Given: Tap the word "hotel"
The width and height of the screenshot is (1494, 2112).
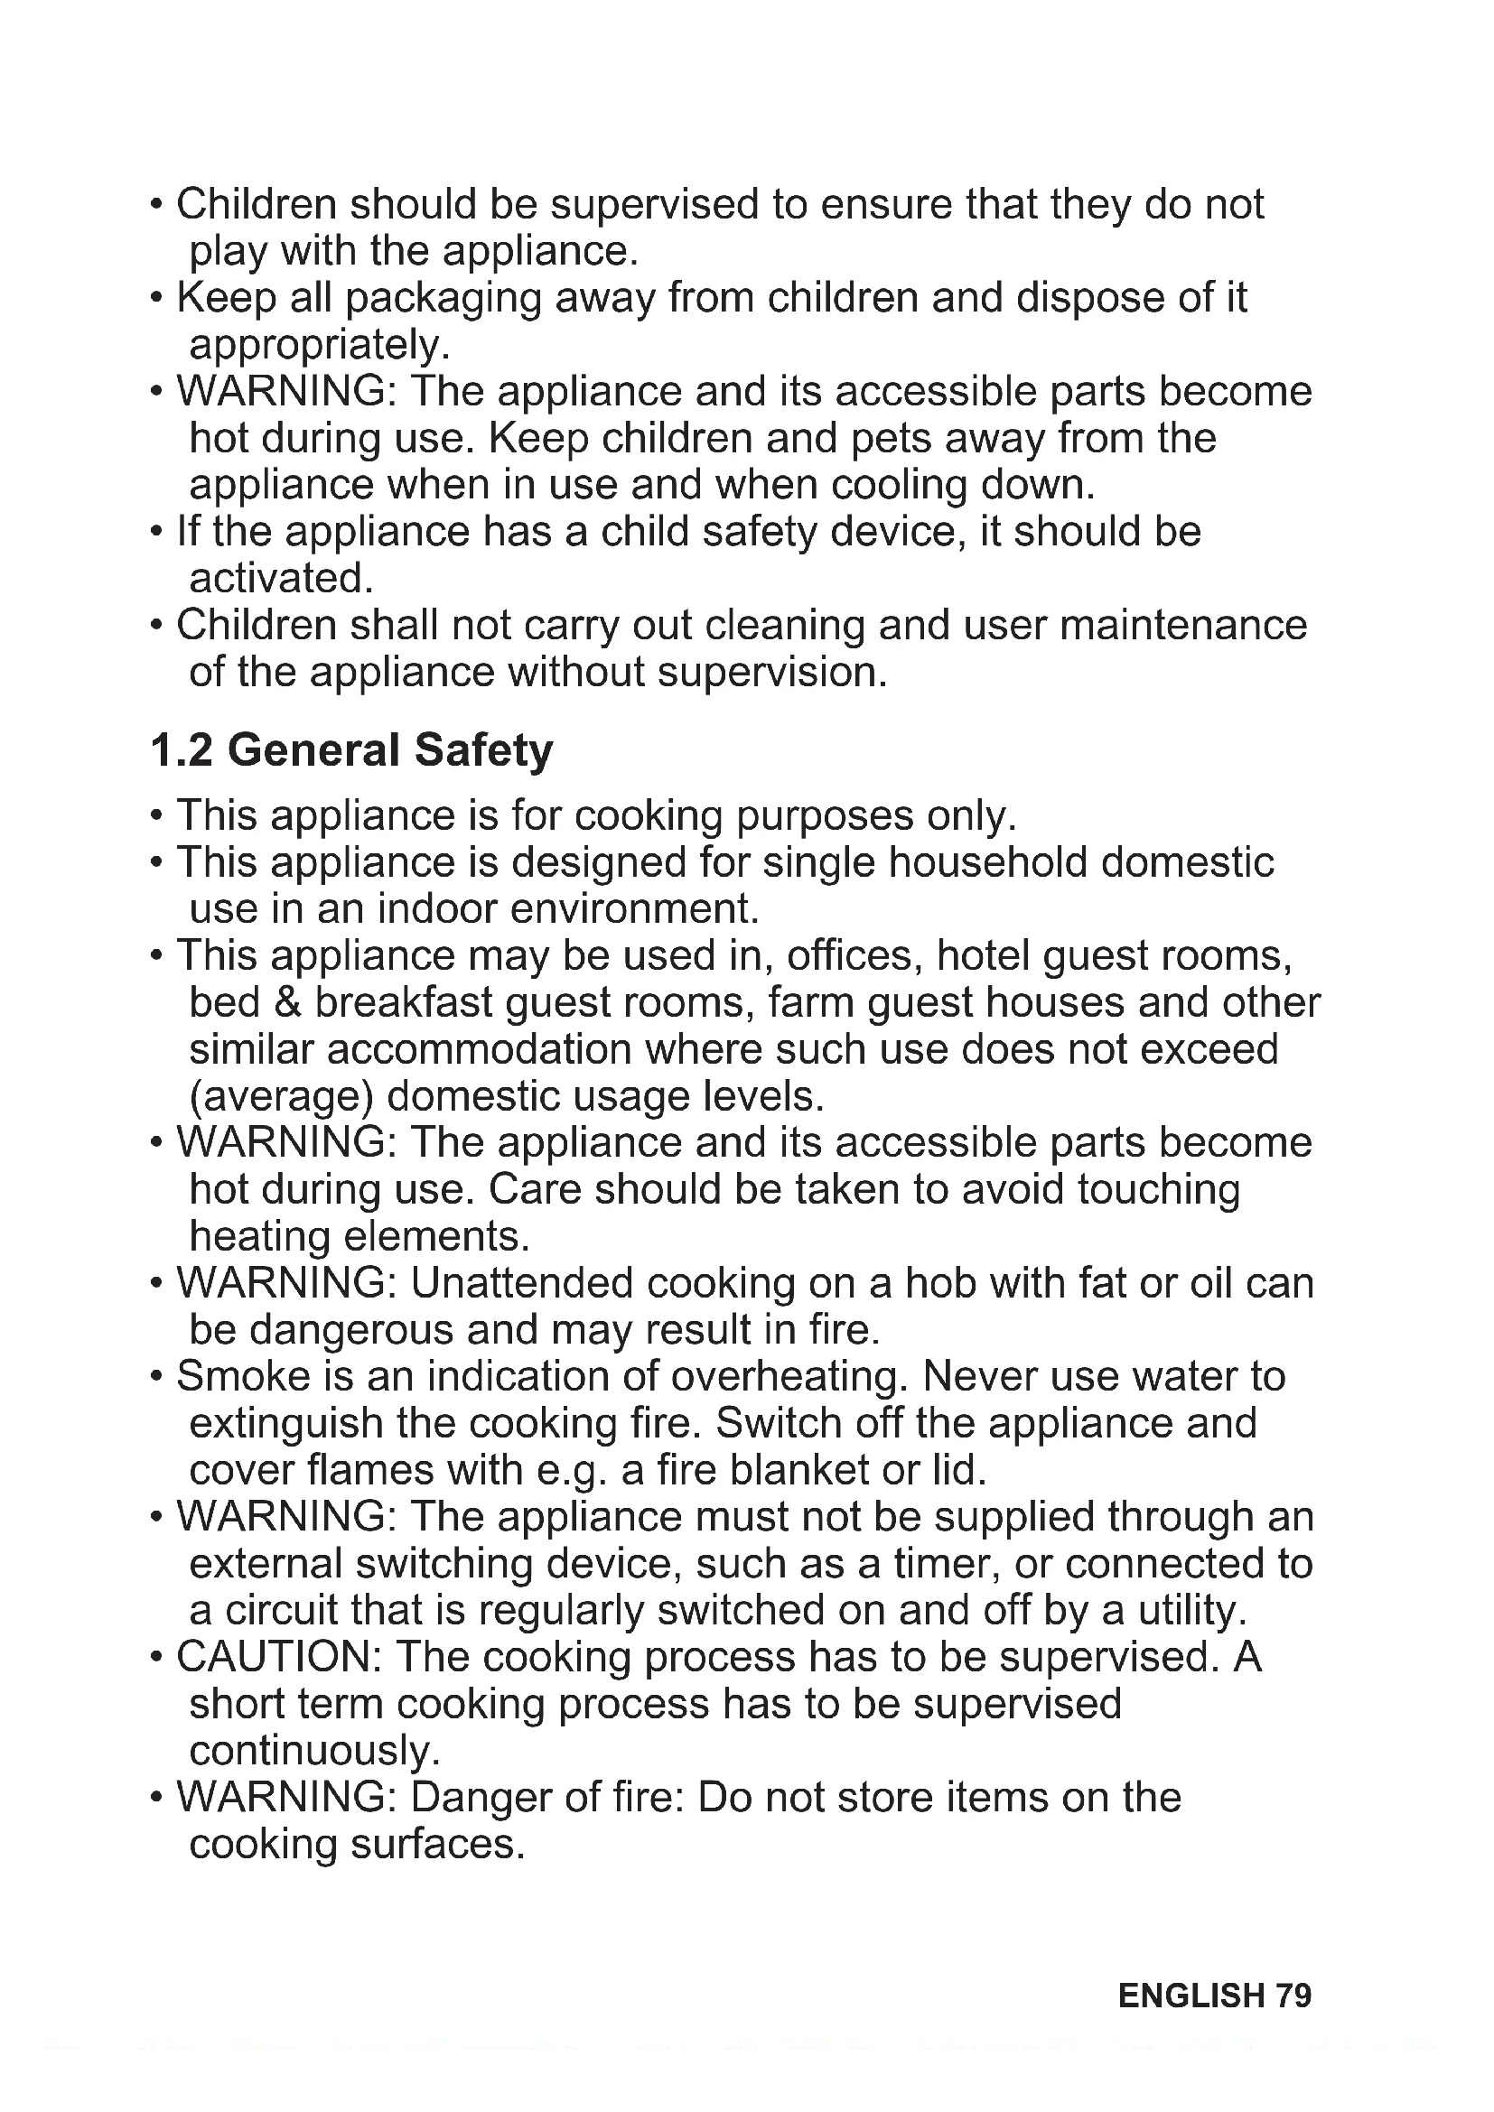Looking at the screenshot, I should coord(983,955).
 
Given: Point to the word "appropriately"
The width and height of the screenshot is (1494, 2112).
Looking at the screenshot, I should coord(318,346).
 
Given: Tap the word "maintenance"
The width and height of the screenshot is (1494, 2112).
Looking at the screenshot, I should coord(1183,626).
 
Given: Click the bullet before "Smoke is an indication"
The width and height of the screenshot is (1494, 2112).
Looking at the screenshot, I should coord(157,1378).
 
